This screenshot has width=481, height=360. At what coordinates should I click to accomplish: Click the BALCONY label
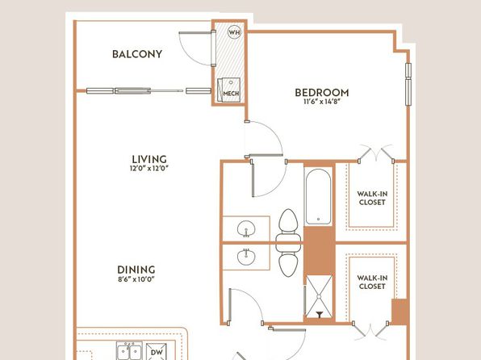tap(137, 54)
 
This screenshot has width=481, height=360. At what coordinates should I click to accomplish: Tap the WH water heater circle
tap(234, 32)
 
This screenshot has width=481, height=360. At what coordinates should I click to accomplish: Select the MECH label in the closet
tap(231, 94)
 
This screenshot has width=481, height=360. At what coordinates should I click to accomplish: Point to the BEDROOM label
tap(322, 92)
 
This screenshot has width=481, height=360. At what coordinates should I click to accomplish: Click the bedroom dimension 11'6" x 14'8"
tap(322, 102)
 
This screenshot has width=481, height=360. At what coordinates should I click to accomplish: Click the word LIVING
tap(149, 159)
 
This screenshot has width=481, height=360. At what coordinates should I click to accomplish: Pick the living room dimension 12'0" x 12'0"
tap(149, 168)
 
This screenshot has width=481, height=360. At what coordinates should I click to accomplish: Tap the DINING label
tap(136, 270)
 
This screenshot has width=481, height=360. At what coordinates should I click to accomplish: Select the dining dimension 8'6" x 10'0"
tap(136, 279)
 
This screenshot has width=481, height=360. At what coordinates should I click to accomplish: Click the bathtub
tap(319, 196)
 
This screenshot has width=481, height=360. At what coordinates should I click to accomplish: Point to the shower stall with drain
tap(319, 297)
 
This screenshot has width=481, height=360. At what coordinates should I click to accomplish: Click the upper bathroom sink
tap(246, 228)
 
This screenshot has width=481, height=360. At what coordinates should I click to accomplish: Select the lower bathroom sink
tap(246, 257)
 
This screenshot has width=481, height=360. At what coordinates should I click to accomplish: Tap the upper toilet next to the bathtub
tap(288, 225)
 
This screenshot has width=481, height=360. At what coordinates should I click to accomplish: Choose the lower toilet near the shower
tap(288, 260)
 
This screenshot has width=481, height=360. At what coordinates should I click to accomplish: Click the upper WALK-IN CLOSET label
tap(372, 198)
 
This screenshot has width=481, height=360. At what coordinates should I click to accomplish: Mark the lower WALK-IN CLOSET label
tap(372, 282)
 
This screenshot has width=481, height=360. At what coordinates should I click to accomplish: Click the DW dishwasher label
tap(157, 352)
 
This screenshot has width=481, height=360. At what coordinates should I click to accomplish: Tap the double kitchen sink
tap(129, 351)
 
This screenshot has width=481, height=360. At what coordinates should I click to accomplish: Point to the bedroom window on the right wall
tap(408, 84)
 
